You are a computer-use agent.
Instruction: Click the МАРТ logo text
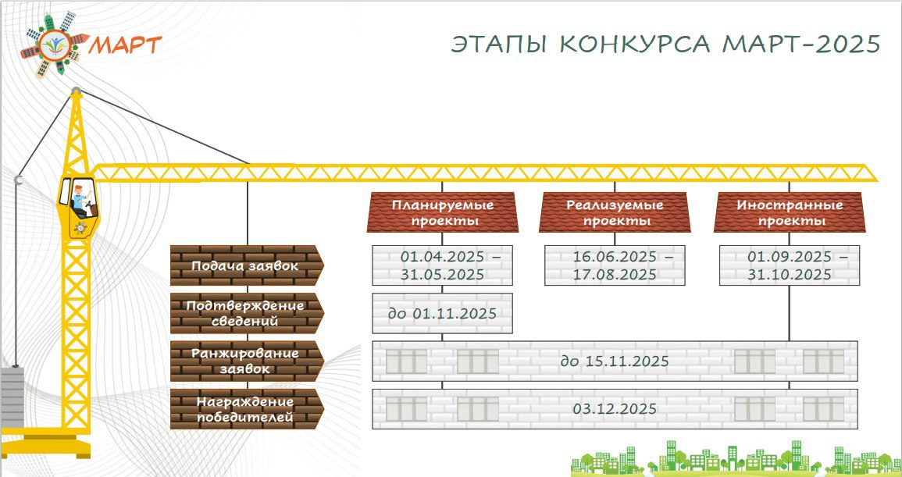click(x=126, y=44)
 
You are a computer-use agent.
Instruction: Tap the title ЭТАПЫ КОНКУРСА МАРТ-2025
click(x=665, y=44)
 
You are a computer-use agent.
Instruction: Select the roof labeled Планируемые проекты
click(x=442, y=212)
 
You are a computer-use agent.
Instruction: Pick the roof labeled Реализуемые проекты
click(x=615, y=212)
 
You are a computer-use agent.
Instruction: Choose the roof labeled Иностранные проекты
click(x=790, y=212)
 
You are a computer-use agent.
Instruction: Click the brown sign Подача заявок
click(x=247, y=265)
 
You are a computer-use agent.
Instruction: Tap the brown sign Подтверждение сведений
click(x=247, y=313)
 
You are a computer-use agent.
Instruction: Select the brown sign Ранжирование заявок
click(x=247, y=361)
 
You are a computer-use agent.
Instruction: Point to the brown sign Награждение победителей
click(x=247, y=408)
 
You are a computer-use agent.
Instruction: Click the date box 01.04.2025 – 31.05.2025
click(x=442, y=265)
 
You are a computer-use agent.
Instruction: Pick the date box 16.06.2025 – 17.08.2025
click(x=615, y=265)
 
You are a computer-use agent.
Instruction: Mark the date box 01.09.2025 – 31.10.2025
click(x=790, y=265)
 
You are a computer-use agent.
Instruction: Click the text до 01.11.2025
click(x=442, y=314)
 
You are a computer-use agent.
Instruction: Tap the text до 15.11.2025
click(x=615, y=361)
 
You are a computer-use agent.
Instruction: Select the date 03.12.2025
click(x=615, y=409)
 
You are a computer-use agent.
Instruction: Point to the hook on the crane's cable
click(x=19, y=180)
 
